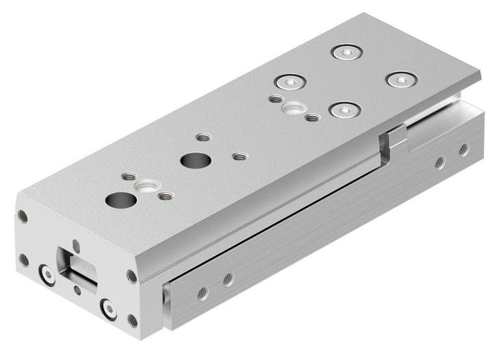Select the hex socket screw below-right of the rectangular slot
click(108, 307)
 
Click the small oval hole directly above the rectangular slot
click(75, 244)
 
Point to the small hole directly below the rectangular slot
click(77, 290)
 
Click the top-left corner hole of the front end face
click(23, 217)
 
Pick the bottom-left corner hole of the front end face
click(24, 260)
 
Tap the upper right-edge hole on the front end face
click(131, 276)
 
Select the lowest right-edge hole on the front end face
click(132, 320)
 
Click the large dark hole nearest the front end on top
click(121, 201)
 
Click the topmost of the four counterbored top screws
click(346, 52)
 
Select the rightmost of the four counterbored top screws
click(401, 79)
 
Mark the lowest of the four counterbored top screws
click(344, 110)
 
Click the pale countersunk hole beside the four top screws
click(294, 107)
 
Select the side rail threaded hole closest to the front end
click(202, 292)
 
